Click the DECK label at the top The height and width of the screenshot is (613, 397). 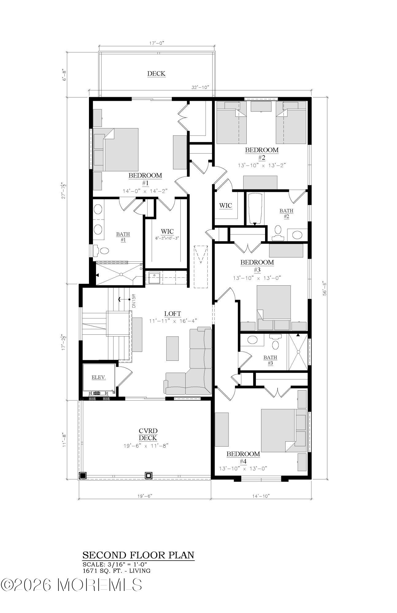coord(156,74)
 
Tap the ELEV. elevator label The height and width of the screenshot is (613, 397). coord(99,378)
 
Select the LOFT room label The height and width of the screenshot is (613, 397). coord(172,314)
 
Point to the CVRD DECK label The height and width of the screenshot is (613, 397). coord(148,435)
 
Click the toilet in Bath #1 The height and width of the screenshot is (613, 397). coord(101,250)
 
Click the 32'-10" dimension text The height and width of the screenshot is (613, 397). coord(200,87)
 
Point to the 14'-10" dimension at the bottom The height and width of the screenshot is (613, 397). coord(261,496)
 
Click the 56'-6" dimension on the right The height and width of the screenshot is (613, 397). coord(324,288)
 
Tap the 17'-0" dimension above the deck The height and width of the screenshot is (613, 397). coord(157,43)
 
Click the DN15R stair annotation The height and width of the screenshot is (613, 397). coord(134,301)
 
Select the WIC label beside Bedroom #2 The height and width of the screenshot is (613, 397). coord(225,205)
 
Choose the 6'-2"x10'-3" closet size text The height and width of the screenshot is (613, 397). coord(167,238)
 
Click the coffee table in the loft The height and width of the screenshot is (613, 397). coord(172,348)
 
